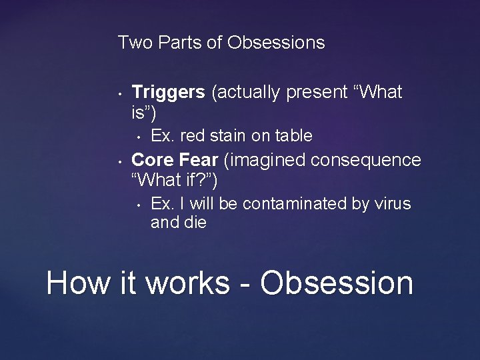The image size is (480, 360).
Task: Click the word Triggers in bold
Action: (169, 93)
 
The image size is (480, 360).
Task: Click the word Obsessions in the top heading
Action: (276, 43)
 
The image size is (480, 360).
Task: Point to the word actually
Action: (246, 93)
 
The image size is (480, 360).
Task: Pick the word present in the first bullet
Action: (319, 93)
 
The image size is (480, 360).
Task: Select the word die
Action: (195, 223)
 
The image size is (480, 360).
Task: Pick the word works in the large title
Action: (187, 282)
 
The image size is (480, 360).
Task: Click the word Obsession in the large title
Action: (337, 282)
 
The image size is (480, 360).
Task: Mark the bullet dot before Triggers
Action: (117, 94)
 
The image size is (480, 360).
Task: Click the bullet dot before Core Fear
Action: (117, 161)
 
